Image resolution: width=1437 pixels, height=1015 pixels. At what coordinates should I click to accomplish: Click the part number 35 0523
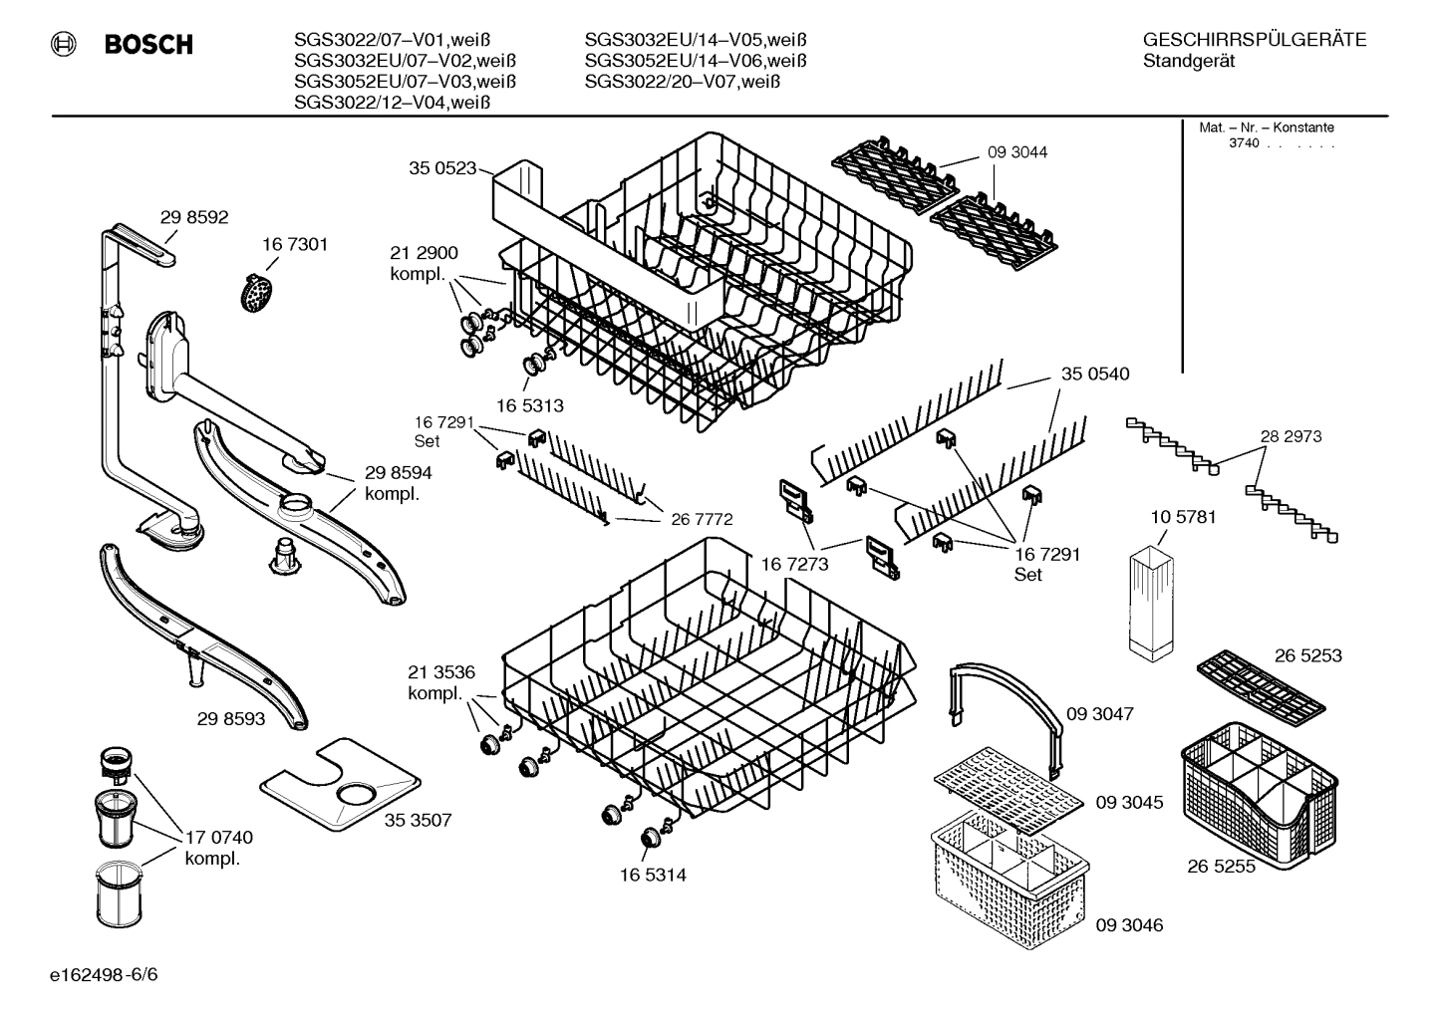(442, 168)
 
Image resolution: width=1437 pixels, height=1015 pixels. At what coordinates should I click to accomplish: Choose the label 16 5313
(529, 405)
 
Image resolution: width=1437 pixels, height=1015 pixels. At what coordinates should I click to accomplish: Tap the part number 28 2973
(1291, 436)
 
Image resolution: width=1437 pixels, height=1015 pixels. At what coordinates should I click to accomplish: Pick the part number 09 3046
(1129, 925)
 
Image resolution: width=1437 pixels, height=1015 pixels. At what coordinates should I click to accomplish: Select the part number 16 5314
(652, 875)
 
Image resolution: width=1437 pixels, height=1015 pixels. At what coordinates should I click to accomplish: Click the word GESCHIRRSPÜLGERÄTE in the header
(1254, 40)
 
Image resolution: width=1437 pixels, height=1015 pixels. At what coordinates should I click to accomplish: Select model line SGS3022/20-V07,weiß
(682, 82)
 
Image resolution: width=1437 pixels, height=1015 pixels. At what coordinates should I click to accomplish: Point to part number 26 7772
(702, 519)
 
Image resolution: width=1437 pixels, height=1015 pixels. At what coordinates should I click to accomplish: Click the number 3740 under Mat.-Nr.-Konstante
(1244, 143)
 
